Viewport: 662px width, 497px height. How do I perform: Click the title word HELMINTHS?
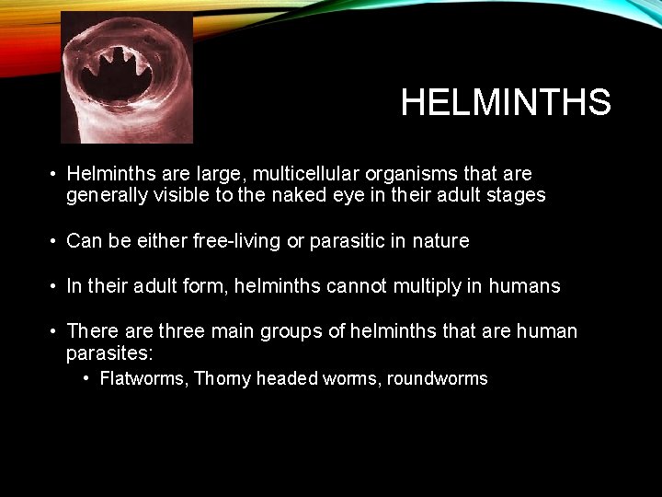pyautogui.click(x=506, y=103)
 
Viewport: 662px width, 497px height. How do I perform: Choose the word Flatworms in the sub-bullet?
pyautogui.click(x=143, y=378)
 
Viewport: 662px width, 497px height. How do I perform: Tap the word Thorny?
pyautogui.click(x=223, y=378)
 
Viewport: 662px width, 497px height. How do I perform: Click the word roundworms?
pyautogui.click(x=438, y=378)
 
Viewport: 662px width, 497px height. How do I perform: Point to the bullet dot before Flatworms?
pyautogui.click(x=85, y=377)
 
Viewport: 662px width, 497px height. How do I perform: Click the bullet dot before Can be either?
pyautogui.click(x=54, y=241)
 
